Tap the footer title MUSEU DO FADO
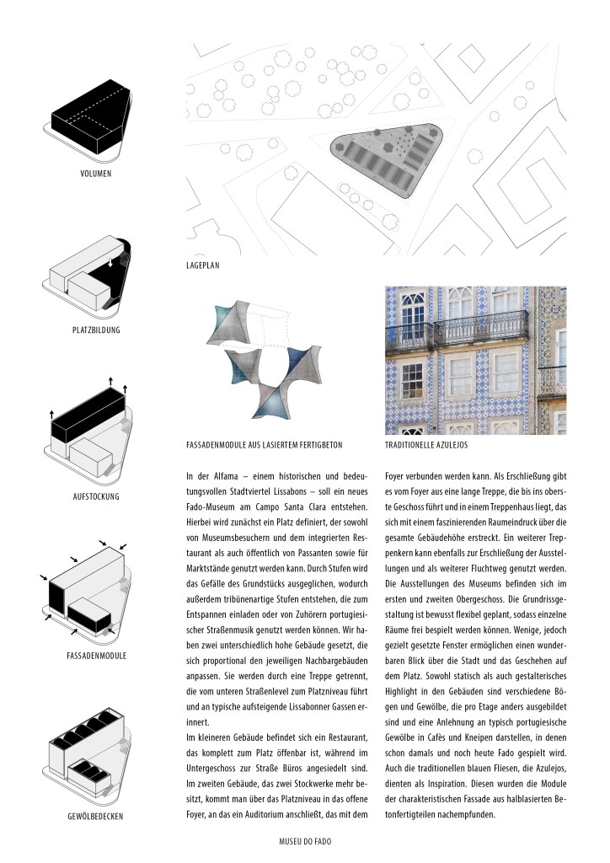point(310,840)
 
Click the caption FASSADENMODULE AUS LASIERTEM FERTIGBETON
point(265,442)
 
